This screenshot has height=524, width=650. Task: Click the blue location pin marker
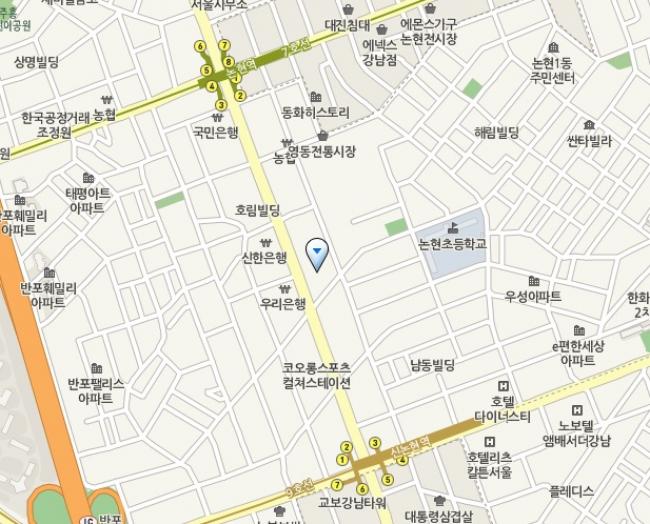pos(317,255)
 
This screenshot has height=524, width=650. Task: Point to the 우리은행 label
pos(282,303)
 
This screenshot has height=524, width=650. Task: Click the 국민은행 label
pos(216,130)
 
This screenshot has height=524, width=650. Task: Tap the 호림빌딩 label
pos(257,210)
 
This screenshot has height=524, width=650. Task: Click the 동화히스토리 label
pos(316,112)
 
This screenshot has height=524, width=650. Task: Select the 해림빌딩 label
pos(497,132)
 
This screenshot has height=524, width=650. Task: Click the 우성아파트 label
pos(533,297)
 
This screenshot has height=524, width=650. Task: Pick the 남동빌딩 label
pos(432,366)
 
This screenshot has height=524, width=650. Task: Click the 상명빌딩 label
pos(36,62)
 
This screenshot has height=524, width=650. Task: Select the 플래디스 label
pos(572,491)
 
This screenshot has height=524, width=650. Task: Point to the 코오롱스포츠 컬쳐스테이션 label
pos(317,375)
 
